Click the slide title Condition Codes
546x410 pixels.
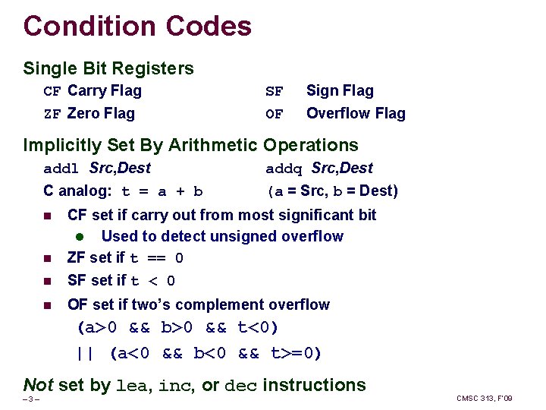pyautogui.click(x=137, y=27)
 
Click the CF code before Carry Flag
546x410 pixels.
pyautogui.click(x=52, y=92)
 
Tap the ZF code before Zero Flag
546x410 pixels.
pyautogui.click(x=52, y=115)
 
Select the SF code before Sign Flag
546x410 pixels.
pyautogui.click(x=274, y=92)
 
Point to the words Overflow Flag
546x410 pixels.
pyautogui.click(x=356, y=114)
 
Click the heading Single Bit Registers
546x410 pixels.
pyautogui.click(x=108, y=68)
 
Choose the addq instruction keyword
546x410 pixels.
pyautogui.click(x=284, y=169)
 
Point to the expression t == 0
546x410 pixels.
pyautogui.click(x=157, y=259)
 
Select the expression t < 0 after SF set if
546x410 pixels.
pyautogui.click(x=152, y=282)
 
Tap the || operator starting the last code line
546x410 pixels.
pyautogui.click(x=84, y=353)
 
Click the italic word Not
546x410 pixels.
pyautogui.click(x=38, y=385)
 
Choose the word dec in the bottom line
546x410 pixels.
pyautogui.click(x=242, y=386)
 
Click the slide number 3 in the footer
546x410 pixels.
pyautogui.click(x=30, y=399)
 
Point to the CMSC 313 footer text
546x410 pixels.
pyautogui.click(x=485, y=399)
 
